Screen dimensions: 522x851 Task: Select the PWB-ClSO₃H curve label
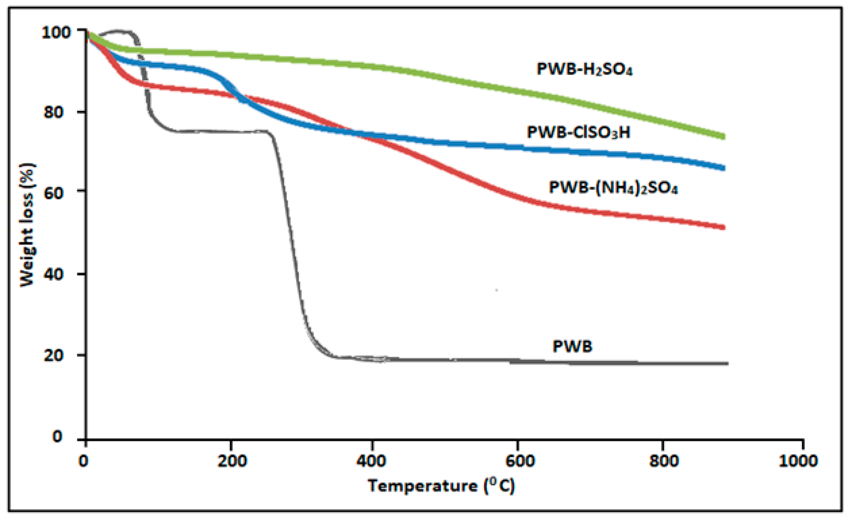click(578, 132)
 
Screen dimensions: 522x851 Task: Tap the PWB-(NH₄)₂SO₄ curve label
click(613, 188)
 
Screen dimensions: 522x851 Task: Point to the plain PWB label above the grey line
click(573, 346)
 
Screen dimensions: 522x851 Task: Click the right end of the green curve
click(723, 136)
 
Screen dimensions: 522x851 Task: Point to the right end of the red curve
click(723, 227)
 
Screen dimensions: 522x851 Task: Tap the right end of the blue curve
click(723, 168)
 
